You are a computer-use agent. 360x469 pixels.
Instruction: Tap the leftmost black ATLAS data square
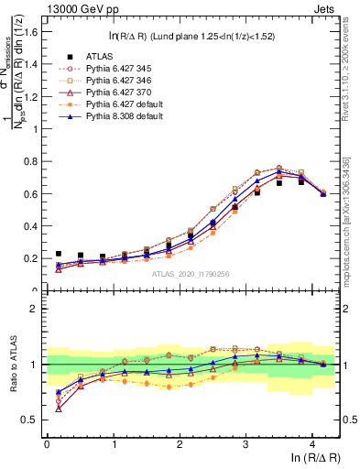click(x=59, y=254)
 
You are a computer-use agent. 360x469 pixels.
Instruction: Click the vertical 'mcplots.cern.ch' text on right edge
click(x=353, y=211)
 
